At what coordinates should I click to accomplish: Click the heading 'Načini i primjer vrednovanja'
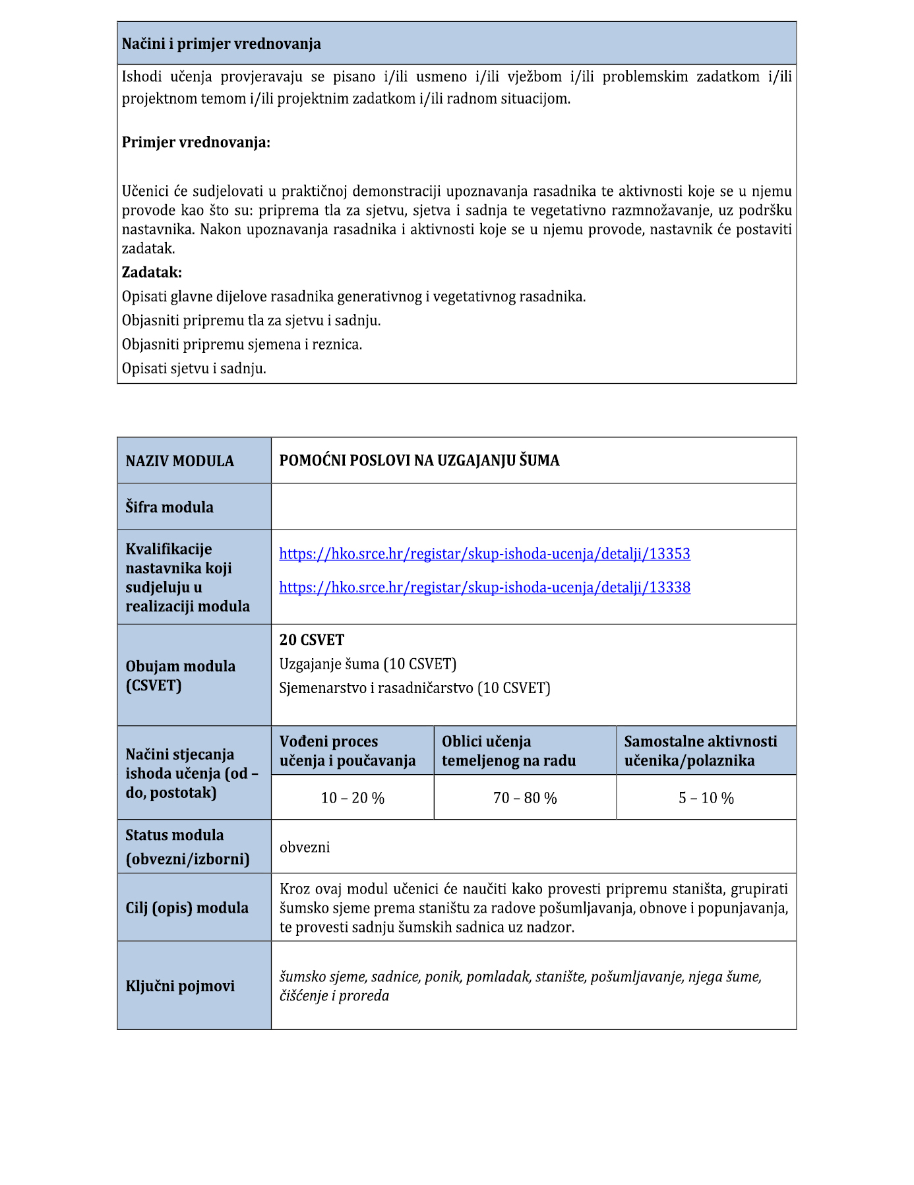[221, 44]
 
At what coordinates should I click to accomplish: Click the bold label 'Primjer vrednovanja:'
[196, 142]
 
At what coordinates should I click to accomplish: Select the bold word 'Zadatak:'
[152, 272]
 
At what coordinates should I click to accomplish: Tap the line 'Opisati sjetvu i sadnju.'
[194, 369]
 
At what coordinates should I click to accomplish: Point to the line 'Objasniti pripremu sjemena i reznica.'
[242, 344]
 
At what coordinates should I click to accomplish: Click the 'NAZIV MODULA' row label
[179, 461]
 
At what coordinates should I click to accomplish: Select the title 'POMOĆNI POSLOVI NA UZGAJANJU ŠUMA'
[419, 460]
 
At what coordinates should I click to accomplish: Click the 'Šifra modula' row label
[169, 507]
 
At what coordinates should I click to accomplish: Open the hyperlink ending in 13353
[484, 554]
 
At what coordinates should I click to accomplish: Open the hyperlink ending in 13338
[484, 588]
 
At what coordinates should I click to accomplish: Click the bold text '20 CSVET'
[311, 640]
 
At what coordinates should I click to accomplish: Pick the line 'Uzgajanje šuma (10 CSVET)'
[367, 663]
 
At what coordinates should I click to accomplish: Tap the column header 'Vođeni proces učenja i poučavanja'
[348, 751]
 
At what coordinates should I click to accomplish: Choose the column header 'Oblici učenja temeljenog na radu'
[508, 751]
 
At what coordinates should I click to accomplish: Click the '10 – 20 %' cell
[352, 798]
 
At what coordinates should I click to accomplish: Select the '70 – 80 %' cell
[525, 798]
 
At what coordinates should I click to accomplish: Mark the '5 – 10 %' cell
[706, 798]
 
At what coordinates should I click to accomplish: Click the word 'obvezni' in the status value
[305, 847]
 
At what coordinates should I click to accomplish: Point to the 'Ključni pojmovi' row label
[180, 987]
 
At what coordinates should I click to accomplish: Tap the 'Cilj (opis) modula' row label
[187, 908]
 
